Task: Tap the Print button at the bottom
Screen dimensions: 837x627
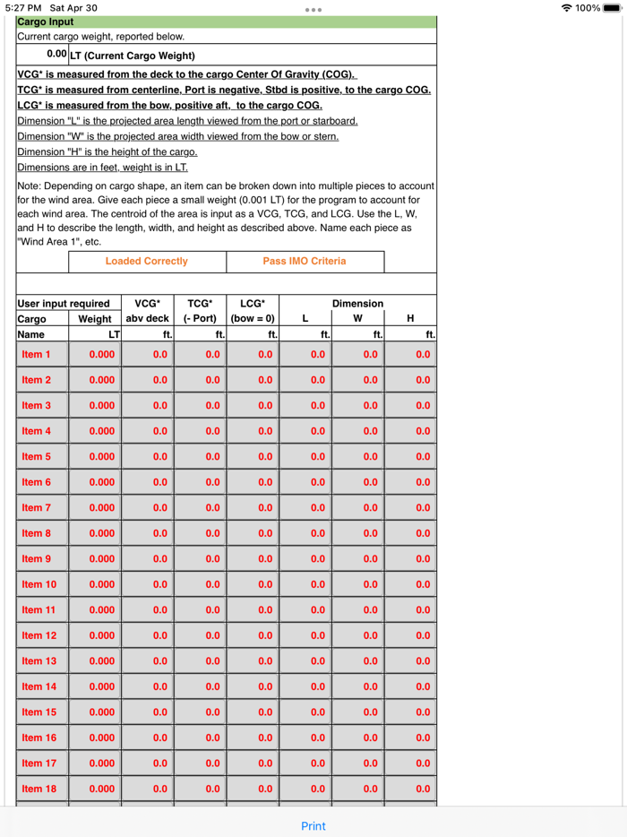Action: click(313, 825)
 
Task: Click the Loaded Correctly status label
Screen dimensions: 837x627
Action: click(147, 262)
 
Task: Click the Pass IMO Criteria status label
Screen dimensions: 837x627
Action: click(304, 262)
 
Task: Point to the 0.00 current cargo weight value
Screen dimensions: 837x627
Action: click(56, 55)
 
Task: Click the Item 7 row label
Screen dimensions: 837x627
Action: click(36, 508)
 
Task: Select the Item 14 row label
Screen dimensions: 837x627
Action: click(39, 686)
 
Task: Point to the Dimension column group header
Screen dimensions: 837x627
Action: click(357, 304)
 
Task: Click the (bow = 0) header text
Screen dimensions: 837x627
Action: click(253, 319)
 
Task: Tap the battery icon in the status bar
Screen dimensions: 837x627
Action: click(612, 8)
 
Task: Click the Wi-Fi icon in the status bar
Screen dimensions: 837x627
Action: click(566, 8)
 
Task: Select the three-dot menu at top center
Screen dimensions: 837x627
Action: click(313, 10)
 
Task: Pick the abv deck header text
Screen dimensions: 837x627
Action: click(147, 319)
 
